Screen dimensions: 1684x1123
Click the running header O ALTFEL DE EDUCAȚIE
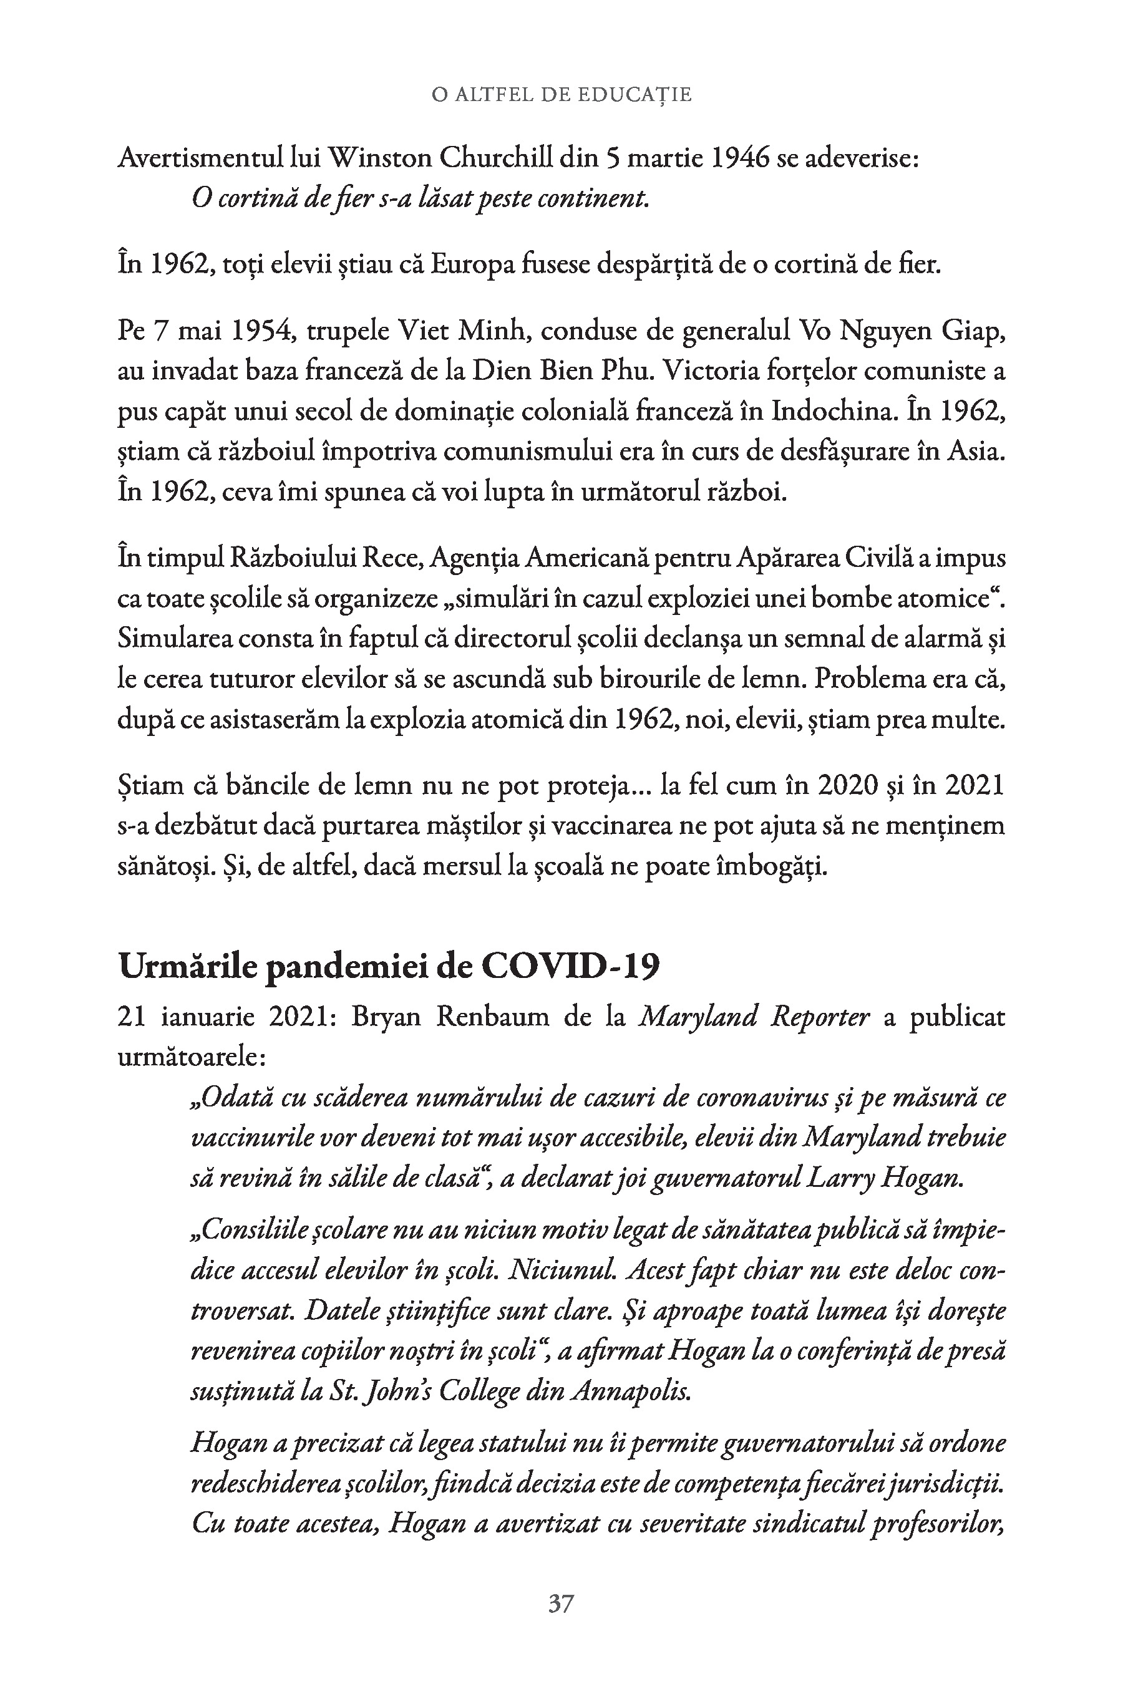(x=561, y=95)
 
